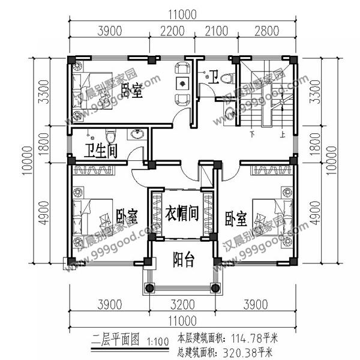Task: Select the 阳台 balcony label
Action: pyautogui.click(x=184, y=260)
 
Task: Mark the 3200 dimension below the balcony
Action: pyautogui.click(x=180, y=305)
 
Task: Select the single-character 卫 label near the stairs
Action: pyautogui.click(x=214, y=76)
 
